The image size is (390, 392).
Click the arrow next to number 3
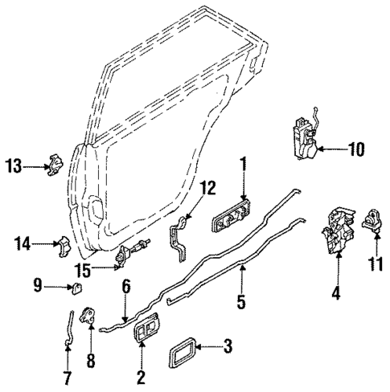(207, 349)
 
